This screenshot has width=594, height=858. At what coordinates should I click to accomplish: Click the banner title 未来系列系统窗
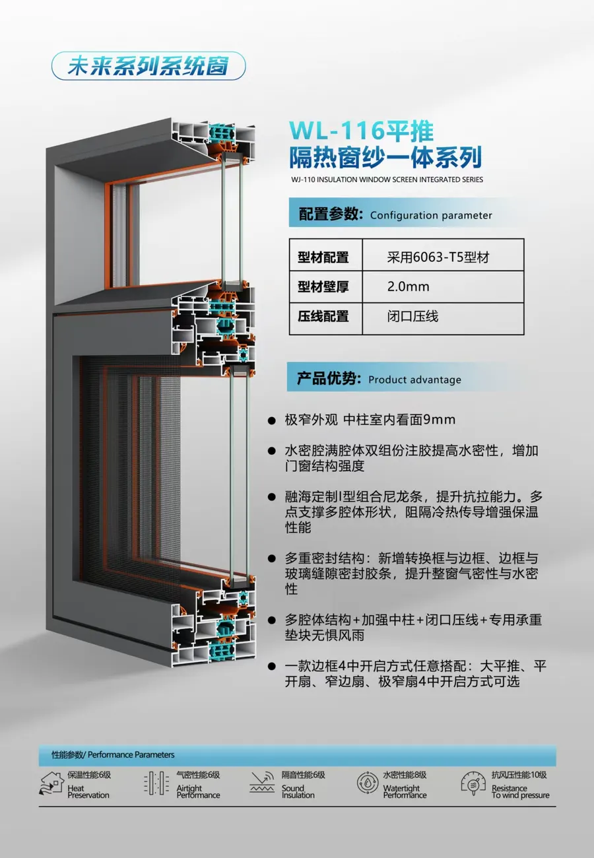pos(148,66)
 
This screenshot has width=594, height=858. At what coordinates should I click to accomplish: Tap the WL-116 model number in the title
pos(336,131)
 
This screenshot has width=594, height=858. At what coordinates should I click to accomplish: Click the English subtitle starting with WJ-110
pos(387,180)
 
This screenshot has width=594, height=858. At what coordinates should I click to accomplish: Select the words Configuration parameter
pos(431,215)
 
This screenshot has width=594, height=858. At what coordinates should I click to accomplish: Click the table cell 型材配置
pos(323,257)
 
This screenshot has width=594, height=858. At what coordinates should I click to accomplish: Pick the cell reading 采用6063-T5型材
pos(438,257)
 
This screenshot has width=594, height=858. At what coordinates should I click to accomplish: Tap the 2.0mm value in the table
pos(409,286)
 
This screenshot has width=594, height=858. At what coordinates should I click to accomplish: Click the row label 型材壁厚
pos(323,286)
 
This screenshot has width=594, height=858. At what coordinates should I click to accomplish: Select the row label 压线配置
pos(323,316)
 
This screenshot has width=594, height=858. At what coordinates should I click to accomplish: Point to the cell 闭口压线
pos(412,316)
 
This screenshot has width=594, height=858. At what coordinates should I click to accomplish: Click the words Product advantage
pos(414,379)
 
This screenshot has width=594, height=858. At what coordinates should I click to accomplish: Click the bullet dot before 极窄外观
pos(271,420)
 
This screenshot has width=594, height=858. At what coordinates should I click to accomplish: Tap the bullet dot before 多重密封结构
pos(271,558)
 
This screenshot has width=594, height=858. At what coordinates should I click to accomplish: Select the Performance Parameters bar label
pos(113,754)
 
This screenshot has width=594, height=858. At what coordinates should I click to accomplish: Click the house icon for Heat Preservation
pos(51,783)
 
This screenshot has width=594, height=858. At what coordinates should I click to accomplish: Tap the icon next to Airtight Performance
pos(156,783)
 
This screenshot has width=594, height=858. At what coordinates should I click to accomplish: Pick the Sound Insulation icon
pos(262,782)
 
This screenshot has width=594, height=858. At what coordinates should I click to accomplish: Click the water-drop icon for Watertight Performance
pos(368,783)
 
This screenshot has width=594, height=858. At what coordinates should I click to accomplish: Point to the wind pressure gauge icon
pos(474,783)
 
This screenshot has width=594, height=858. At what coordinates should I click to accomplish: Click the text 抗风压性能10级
pos(519,775)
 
